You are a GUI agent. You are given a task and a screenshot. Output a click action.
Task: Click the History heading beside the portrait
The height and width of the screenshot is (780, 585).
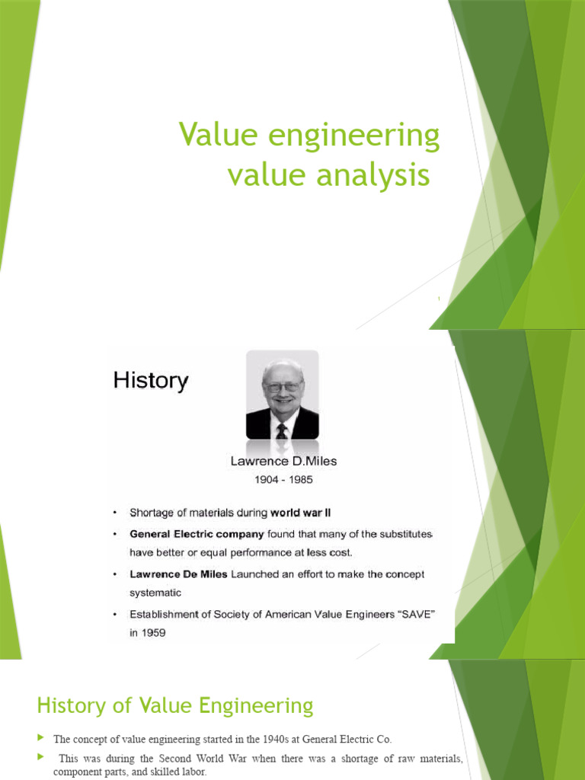tap(151, 380)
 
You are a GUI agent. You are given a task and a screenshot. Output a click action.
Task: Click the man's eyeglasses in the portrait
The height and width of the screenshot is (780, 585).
tap(282, 386)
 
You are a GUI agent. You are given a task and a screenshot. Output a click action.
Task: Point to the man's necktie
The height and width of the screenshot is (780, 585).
tap(282, 430)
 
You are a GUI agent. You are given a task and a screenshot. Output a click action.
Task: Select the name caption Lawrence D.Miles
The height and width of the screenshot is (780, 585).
tap(283, 461)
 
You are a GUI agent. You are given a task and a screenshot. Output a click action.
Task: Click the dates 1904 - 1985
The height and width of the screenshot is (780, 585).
tap(283, 480)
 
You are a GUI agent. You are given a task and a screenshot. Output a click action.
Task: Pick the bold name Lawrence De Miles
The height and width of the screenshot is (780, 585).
tap(178, 574)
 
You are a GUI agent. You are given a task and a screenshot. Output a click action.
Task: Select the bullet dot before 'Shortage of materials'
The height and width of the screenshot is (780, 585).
tap(114, 513)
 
